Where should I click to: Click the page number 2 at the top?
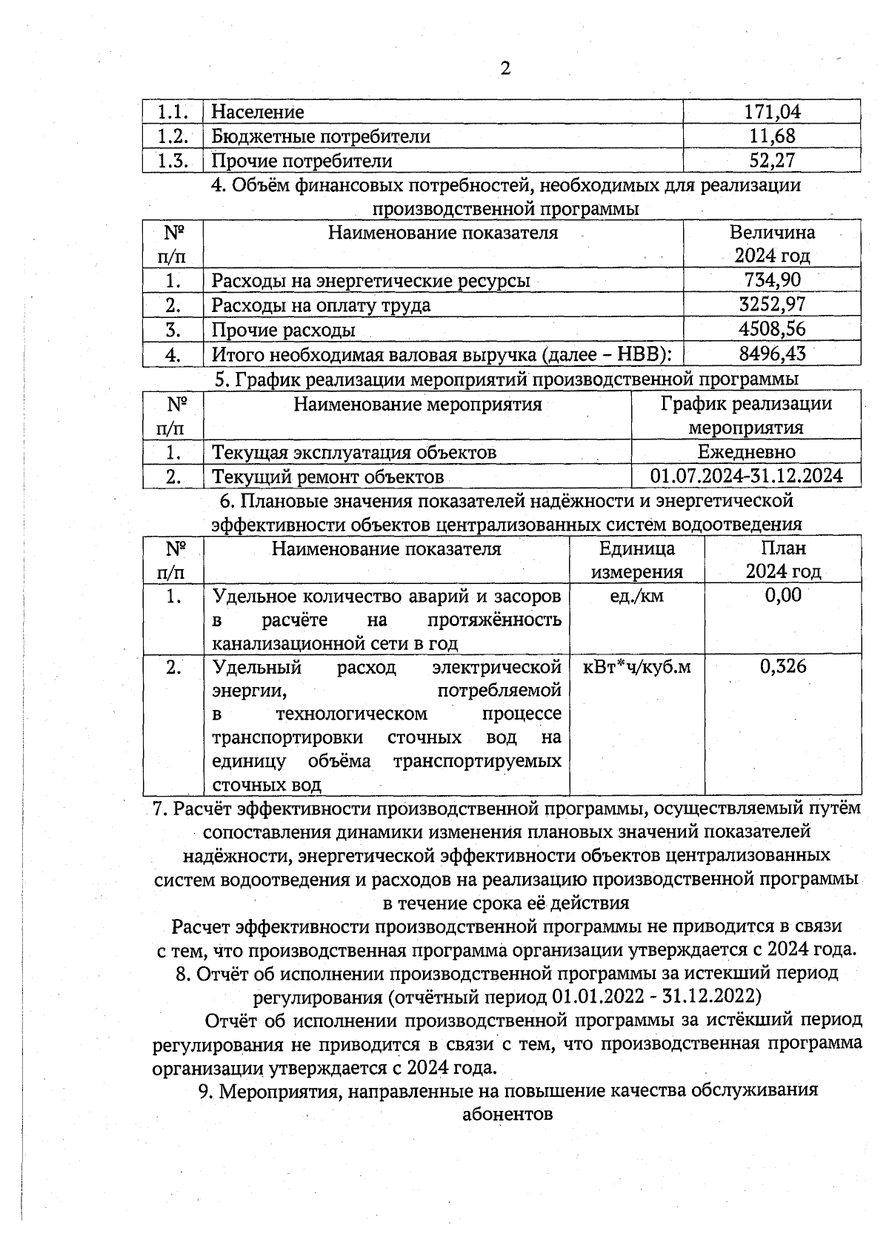(x=505, y=70)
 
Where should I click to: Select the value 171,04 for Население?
(x=772, y=112)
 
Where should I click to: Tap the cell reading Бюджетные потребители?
(x=321, y=136)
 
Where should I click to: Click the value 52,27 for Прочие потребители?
(x=772, y=161)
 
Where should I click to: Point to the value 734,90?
(x=772, y=281)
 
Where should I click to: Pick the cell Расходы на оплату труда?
(x=321, y=305)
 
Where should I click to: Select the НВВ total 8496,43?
(x=772, y=354)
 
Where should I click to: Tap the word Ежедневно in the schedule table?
(x=746, y=452)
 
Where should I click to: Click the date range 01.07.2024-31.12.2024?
(x=746, y=476)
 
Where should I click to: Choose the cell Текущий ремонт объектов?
(x=328, y=477)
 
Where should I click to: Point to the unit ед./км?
(x=636, y=596)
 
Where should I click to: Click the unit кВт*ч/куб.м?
(x=637, y=667)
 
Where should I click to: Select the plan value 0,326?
(x=783, y=667)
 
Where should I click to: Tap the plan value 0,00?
(x=783, y=596)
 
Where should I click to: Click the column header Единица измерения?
(x=637, y=560)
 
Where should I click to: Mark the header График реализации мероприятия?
(x=746, y=416)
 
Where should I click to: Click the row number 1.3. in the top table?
(x=173, y=161)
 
